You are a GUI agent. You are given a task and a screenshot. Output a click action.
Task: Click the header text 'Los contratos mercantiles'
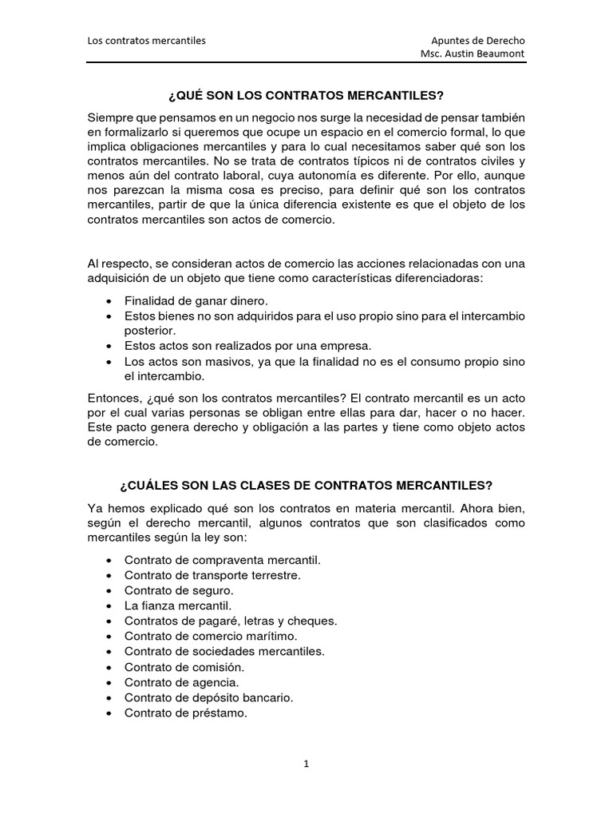(146, 40)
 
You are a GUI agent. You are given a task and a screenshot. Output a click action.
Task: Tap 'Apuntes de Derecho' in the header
(478, 40)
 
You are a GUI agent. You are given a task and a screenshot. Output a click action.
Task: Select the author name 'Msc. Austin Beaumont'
(473, 54)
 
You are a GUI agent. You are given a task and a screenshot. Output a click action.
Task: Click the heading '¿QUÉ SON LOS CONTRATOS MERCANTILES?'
(306, 96)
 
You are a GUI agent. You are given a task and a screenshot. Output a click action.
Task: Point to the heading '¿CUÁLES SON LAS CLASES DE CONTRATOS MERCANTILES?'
(306, 485)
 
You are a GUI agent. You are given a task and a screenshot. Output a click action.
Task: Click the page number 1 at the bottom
(306, 764)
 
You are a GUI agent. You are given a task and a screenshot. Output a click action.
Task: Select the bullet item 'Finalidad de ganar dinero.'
(196, 300)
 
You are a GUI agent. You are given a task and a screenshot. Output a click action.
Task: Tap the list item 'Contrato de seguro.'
(179, 590)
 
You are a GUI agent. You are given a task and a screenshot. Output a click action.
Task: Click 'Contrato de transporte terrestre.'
(212, 575)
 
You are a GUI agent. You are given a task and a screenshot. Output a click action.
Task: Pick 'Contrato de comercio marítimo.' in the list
(211, 636)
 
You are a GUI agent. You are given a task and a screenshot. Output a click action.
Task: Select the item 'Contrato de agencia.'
(181, 682)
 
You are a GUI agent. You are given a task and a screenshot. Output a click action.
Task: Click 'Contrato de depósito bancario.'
(209, 697)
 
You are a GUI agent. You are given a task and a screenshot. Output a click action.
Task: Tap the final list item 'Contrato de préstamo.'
(186, 713)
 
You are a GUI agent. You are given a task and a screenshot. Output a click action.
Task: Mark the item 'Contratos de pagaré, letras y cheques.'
(231, 621)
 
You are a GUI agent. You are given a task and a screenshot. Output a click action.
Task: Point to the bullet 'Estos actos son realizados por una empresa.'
(248, 346)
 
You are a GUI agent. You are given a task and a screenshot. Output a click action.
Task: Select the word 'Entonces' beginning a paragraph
(113, 397)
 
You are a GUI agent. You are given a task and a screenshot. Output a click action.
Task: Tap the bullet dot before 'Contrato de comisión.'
(109, 667)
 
